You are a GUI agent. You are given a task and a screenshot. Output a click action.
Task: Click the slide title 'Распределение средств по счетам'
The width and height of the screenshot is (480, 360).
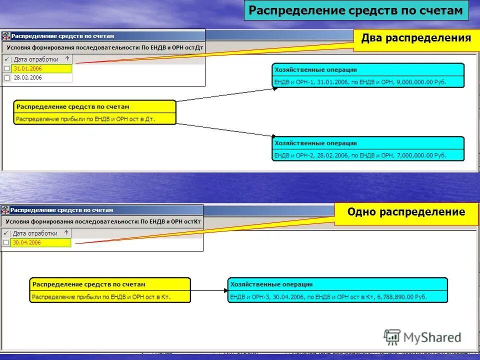click(x=356, y=10)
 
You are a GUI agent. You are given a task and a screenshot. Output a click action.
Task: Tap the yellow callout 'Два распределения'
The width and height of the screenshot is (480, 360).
click(x=416, y=38)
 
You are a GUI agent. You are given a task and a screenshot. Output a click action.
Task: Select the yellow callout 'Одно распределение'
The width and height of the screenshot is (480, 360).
click(x=406, y=212)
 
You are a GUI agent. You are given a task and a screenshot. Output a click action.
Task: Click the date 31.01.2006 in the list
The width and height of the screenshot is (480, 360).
click(x=27, y=68)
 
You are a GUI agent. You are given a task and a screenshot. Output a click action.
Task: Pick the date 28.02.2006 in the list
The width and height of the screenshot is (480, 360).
click(x=27, y=78)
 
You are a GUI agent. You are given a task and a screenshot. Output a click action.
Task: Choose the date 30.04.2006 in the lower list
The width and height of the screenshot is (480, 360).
click(x=27, y=242)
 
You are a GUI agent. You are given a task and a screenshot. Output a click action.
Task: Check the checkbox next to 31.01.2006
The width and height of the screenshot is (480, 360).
click(x=6, y=68)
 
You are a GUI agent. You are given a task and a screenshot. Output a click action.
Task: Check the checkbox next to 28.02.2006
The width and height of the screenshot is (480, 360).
click(x=6, y=78)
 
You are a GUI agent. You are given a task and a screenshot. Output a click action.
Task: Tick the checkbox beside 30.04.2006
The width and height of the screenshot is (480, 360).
click(x=6, y=242)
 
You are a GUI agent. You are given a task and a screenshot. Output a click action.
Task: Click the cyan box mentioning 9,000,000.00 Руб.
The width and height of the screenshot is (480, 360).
click(x=368, y=75)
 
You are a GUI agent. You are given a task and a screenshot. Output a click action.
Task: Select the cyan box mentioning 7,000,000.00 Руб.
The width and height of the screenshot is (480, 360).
click(x=368, y=148)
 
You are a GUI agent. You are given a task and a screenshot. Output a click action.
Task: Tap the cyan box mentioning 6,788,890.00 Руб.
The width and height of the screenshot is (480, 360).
click(x=337, y=290)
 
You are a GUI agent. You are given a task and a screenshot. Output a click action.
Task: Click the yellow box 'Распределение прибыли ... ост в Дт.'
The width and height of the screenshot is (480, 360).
click(x=95, y=112)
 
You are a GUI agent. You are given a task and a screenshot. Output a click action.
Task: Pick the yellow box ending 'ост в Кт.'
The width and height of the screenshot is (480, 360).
click(x=110, y=290)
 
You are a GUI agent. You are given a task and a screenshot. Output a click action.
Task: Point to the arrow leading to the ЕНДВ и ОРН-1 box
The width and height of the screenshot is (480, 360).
click(x=225, y=95)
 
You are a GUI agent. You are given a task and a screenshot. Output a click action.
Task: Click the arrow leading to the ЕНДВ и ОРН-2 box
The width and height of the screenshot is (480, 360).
click(x=225, y=129)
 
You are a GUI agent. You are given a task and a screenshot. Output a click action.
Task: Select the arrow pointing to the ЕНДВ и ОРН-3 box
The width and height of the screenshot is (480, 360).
click(x=209, y=290)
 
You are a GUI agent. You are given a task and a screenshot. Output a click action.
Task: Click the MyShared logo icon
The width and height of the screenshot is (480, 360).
click(x=392, y=337)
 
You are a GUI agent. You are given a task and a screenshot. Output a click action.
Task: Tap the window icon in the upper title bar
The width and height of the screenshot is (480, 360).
click(x=6, y=36)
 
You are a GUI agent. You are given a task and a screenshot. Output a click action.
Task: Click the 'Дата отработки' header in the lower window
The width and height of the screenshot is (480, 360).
click(x=35, y=233)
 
